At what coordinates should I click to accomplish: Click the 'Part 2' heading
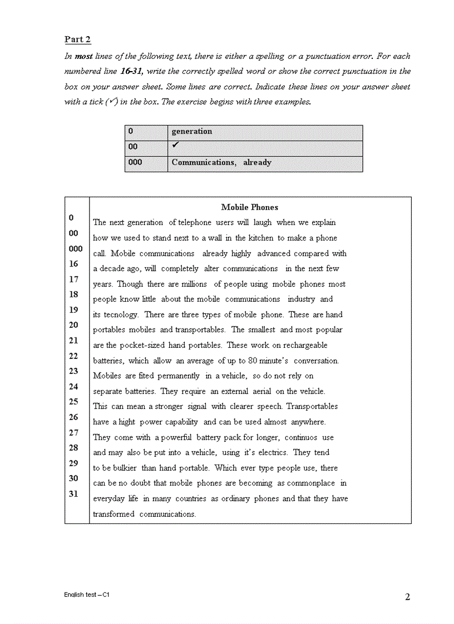[77, 39]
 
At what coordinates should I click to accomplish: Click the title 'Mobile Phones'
[249, 207]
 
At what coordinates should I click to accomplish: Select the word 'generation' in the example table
[191, 132]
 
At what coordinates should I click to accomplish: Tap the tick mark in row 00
[175, 145]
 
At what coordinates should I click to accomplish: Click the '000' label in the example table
[135, 162]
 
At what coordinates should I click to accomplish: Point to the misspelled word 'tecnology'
[121, 315]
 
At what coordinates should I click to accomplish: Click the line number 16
[74, 264]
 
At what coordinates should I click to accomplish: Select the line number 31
[74, 493]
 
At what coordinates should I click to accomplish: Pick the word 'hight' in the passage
[126, 422]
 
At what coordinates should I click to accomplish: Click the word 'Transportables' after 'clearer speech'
[312, 406]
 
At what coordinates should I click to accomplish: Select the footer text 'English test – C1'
[86, 595]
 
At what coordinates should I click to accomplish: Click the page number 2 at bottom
[407, 597]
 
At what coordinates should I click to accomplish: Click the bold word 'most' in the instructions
[83, 56]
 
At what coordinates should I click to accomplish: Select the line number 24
[74, 386]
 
